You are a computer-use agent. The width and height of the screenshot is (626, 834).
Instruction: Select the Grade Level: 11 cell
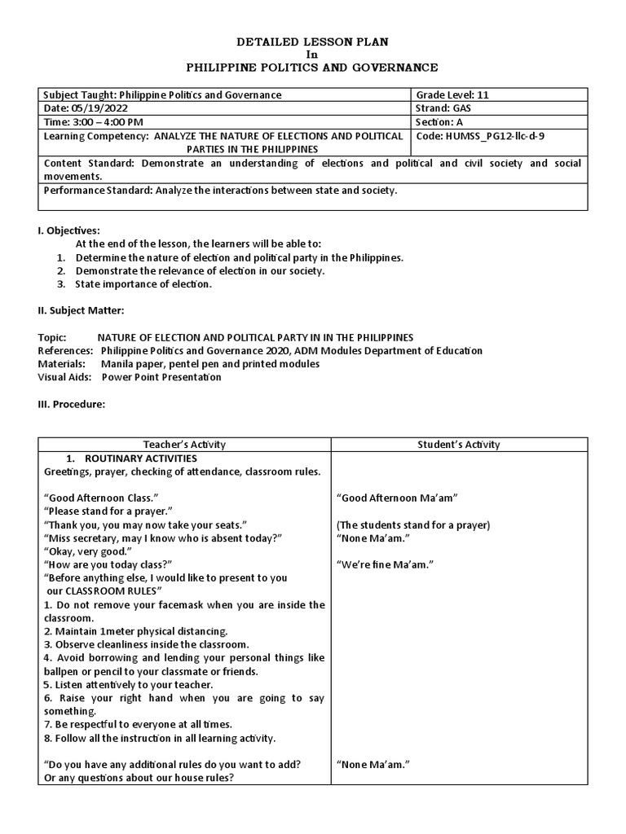coord(452,94)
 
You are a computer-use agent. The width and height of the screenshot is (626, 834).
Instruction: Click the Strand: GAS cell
coord(444,108)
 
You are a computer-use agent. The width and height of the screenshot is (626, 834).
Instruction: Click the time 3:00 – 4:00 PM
coord(98,122)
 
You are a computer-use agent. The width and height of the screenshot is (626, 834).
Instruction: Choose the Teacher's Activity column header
coord(184,444)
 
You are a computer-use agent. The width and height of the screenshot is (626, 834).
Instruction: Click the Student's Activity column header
coord(459,444)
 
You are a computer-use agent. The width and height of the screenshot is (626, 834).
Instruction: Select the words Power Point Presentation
coord(161,377)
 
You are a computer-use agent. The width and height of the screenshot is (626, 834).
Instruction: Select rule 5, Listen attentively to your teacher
coord(127,685)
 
